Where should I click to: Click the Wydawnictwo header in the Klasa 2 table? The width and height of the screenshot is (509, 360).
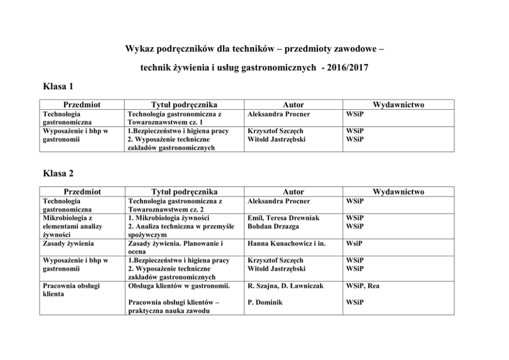point(398,192)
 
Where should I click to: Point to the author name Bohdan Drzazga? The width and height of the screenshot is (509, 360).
point(272,226)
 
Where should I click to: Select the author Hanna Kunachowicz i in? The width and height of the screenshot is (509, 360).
point(286,244)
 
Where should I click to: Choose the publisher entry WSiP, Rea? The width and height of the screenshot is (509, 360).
point(362,286)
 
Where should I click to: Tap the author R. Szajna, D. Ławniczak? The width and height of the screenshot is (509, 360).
point(285,286)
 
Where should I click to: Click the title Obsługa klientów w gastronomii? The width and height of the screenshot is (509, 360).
point(179,286)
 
